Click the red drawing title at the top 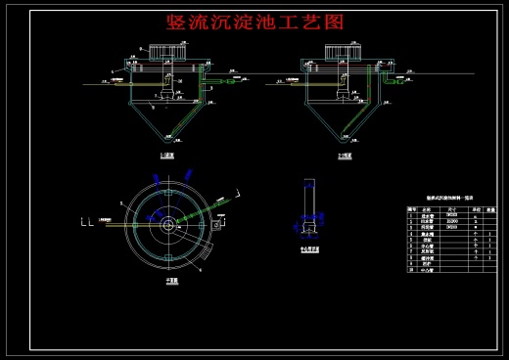point(255,22)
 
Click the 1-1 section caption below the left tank point(167,155)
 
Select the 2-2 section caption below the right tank point(344,155)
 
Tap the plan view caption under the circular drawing point(172,279)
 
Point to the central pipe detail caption point(310,249)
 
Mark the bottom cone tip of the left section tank point(167,143)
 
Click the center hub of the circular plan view point(169,224)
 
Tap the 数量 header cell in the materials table point(489,209)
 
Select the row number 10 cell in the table point(411,269)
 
